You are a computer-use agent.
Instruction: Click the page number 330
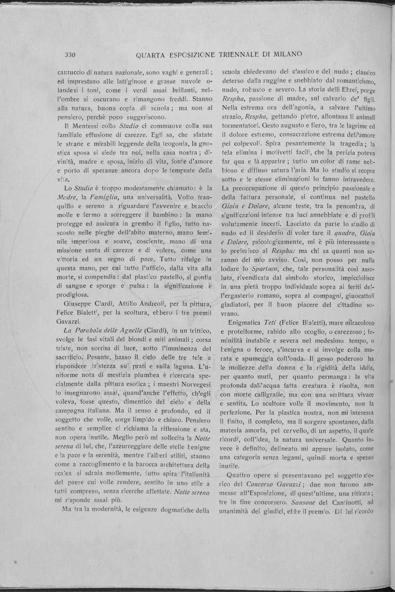[x=66, y=54]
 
